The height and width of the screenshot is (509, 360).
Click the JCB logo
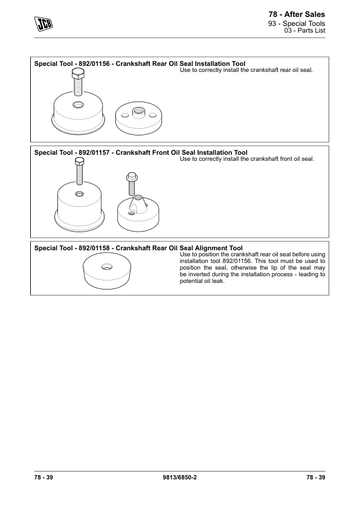point(43,24)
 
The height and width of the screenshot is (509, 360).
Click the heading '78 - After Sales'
point(297,15)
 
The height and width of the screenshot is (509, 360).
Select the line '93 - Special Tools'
point(297,24)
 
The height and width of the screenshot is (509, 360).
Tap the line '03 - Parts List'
point(304,30)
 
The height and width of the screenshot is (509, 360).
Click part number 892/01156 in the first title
point(94,63)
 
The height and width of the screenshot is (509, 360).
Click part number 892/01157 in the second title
point(94,152)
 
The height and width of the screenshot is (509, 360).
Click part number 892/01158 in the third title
point(94,248)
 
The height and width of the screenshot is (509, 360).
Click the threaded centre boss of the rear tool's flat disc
point(138,112)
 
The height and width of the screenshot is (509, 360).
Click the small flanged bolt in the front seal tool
point(131,183)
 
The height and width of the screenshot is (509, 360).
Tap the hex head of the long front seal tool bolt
point(79,160)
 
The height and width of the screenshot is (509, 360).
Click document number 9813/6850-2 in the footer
point(179,477)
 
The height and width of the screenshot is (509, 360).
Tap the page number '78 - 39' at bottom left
point(43,477)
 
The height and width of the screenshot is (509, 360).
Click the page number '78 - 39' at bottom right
point(315,477)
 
